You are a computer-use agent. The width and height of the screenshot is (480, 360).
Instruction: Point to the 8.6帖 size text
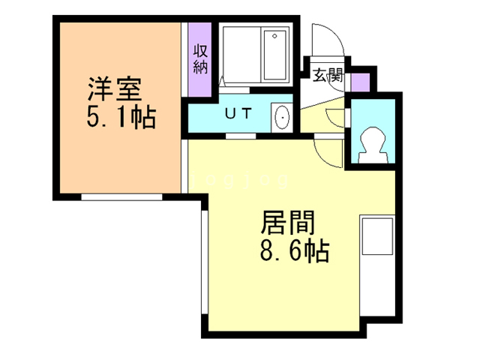click(x=292, y=250)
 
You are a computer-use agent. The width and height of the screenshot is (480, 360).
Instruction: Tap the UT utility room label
click(x=238, y=114)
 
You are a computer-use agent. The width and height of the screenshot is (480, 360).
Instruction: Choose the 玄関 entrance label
click(x=328, y=74)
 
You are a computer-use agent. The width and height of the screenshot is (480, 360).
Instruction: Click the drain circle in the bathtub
click(x=274, y=35)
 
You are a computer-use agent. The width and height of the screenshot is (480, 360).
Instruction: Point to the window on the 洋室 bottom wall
click(x=121, y=196)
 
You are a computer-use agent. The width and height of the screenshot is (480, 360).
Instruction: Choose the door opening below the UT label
click(x=238, y=136)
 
